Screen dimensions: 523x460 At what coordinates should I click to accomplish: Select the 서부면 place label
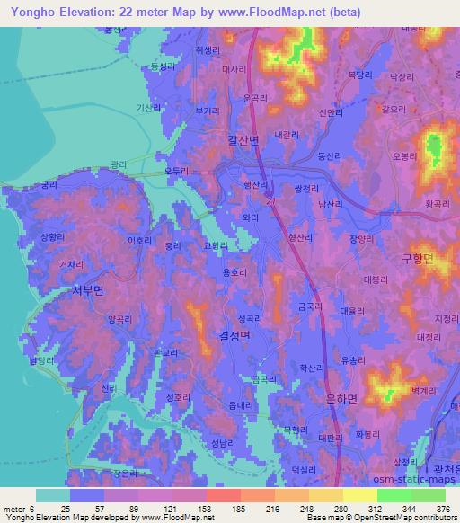point(88,290)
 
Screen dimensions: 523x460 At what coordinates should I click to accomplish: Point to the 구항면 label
point(418,258)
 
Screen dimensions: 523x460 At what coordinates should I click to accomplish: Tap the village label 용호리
point(234,273)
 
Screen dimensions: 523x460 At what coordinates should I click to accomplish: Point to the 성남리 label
point(224,444)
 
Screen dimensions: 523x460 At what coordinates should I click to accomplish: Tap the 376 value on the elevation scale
point(442,509)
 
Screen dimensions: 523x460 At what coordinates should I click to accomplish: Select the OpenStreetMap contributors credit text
point(404,518)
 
